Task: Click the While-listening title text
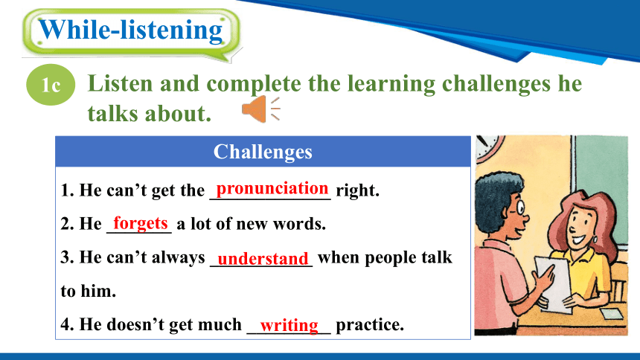(131, 30)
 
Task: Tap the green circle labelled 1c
(51, 85)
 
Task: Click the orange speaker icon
(260, 109)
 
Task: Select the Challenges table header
(263, 152)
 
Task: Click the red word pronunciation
(272, 189)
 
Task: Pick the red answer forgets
(141, 223)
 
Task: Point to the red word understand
(263, 258)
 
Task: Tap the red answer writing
(289, 326)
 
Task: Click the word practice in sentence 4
(370, 325)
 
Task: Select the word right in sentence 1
(357, 190)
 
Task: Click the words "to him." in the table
(88, 291)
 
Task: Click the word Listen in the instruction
(121, 83)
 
